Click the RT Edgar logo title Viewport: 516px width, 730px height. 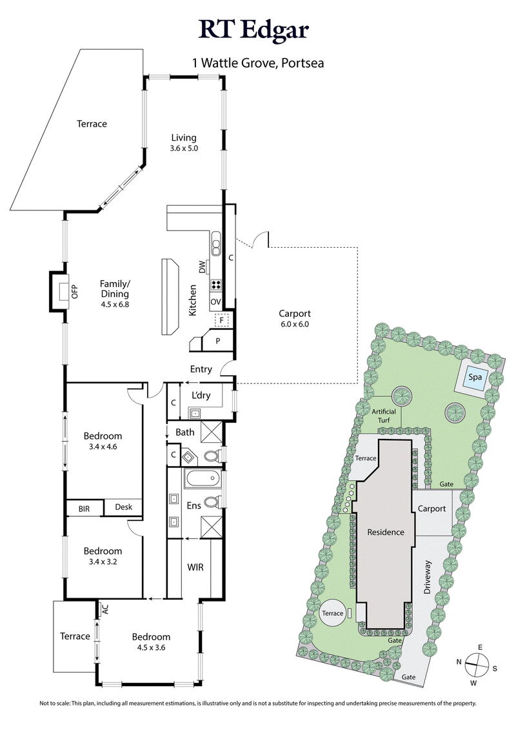(x=258, y=30)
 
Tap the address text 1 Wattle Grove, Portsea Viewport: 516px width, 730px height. (x=258, y=63)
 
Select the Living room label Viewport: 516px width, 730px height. (x=184, y=137)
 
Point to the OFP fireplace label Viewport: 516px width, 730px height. (x=74, y=292)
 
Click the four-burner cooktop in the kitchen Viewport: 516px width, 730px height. (x=216, y=284)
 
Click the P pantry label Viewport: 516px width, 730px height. (x=217, y=340)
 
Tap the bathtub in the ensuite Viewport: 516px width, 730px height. (x=201, y=480)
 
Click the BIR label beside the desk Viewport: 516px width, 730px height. (x=84, y=508)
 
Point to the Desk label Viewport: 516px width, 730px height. (x=123, y=507)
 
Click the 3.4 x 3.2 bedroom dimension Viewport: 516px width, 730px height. (x=103, y=563)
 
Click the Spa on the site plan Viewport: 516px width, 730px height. (x=476, y=377)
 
